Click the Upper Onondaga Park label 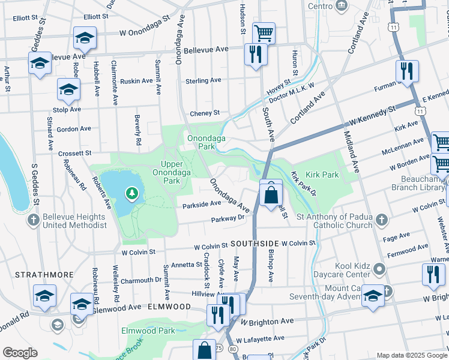172,172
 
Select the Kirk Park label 322,175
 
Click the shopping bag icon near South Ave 271,194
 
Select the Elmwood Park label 148,331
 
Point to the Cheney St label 205,113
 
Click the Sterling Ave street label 203,80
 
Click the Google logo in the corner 20,353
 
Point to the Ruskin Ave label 136,81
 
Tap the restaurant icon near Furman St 407,71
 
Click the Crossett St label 74,153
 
